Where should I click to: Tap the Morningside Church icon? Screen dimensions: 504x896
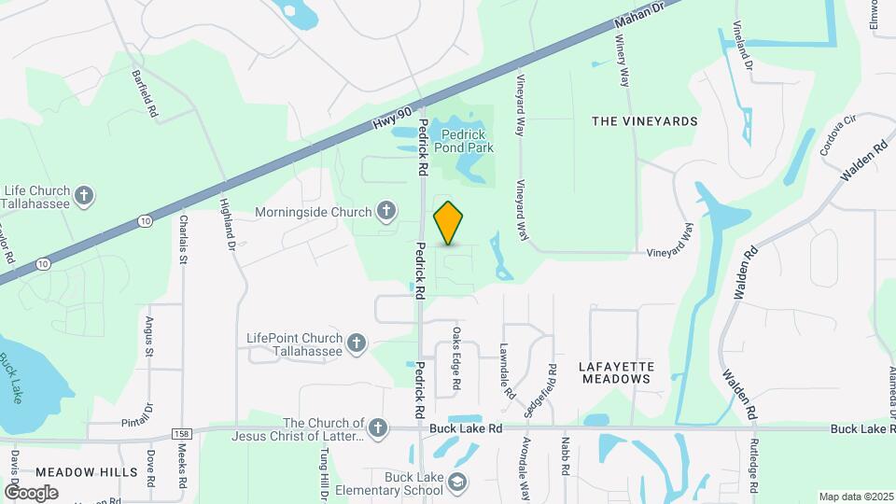point(385,212)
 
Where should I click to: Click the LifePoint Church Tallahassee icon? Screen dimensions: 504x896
point(355,344)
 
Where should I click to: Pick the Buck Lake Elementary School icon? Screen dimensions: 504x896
point(457,483)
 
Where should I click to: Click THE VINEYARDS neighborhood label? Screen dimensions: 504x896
point(645,121)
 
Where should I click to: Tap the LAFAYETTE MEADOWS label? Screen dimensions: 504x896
point(616,372)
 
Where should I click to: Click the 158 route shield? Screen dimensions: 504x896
point(182,435)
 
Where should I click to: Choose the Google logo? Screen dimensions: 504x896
point(32,492)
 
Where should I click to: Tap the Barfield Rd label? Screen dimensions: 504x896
point(144,93)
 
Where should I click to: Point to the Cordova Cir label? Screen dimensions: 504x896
point(837,136)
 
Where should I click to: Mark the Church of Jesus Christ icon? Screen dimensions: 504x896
point(377,428)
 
